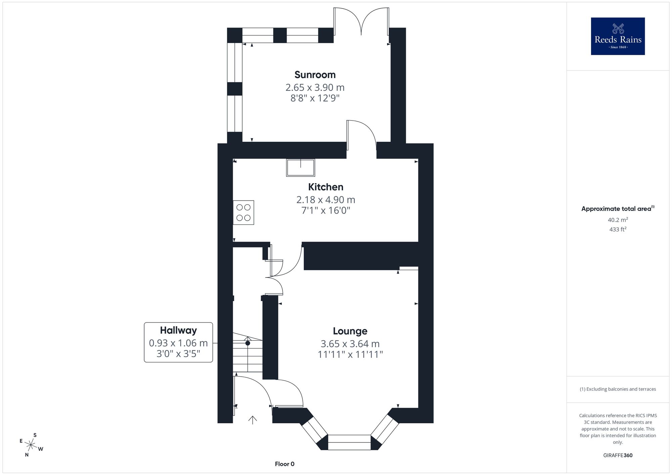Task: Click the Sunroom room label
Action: pos(315,75)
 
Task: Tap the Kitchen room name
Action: pos(326,187)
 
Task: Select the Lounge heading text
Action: pos(350,331)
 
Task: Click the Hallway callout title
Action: pos(178,331)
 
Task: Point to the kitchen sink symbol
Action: pos(301,168)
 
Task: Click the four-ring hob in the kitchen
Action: pos(243,213)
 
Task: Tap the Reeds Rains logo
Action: pos(618,36)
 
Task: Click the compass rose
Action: pos(31,445)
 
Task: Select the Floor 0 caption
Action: pos(285,464)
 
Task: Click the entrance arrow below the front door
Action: pos(253,420)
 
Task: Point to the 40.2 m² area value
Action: pos(618,220)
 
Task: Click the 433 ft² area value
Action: pos(618,229)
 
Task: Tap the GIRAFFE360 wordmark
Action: pos(618,456)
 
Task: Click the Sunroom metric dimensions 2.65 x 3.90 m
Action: pos(315,88)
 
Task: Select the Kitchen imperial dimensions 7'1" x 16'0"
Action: pos(326,211)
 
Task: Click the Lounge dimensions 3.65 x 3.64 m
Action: pos(350,344)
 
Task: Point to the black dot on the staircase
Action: pos(248,343)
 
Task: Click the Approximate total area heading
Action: pos(618,209)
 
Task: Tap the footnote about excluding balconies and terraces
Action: pos(618,389)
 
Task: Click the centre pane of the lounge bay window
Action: pos(349,442)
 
